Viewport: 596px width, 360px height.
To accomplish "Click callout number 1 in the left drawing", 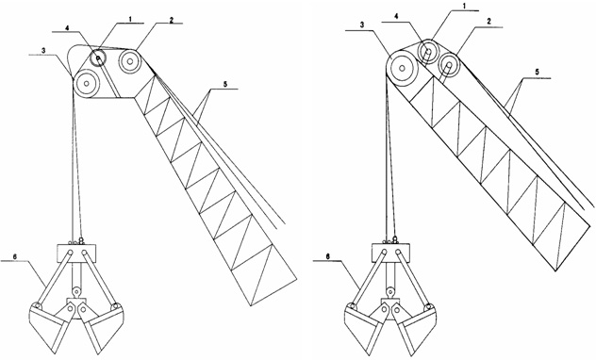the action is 130,19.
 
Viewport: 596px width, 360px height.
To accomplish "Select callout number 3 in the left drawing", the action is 44,50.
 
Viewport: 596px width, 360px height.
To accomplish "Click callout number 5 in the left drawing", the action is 225,85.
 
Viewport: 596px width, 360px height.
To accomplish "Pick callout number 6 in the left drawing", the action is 15,256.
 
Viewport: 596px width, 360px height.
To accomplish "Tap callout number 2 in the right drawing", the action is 488,22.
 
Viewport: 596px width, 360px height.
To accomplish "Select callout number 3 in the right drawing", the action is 362,25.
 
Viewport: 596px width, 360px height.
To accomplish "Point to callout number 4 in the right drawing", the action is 396,17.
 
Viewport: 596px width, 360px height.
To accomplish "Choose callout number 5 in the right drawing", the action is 537,72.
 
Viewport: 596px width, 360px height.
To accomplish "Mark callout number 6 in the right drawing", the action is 328,256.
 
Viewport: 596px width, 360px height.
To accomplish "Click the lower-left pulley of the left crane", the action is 87,83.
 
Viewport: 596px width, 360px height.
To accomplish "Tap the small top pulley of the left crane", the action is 98,58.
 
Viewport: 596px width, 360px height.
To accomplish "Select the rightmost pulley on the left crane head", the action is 130,61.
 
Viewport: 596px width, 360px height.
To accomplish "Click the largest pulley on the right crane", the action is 402,69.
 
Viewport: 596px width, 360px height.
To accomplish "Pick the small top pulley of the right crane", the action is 428,51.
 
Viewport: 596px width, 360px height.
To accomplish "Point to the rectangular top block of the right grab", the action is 390,253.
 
